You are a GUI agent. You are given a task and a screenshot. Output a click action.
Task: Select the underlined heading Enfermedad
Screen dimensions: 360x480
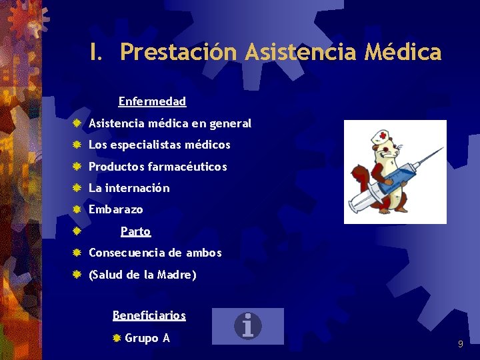pyautogui.click(x=152, y=101)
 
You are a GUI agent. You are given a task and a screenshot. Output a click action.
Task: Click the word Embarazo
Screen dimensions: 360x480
pyautogui.click(x=115, y=209)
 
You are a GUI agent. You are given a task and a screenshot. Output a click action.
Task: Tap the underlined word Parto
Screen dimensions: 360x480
pyautogui.click(x=135, y=231)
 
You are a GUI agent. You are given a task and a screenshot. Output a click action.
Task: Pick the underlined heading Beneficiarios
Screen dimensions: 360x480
pyautogui.click(x=149, y=315)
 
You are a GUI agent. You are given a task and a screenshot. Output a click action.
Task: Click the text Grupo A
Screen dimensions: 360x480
pyautogui.click(x=147, y=338)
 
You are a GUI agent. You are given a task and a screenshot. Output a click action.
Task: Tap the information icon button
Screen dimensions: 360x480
pyautogui.click(x=248, y=326)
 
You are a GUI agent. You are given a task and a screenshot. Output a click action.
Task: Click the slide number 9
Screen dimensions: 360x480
pyautogui.click(x=460, y=344)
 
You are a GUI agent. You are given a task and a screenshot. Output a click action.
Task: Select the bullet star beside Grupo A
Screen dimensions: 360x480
pyautogui.click(x=116, y=339)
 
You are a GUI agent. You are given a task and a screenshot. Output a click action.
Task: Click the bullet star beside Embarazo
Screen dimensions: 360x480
pyautogui.click(x=77, y=209)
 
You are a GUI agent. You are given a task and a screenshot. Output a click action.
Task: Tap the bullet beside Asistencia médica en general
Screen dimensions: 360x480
pyautogui.click(x=77, y=123)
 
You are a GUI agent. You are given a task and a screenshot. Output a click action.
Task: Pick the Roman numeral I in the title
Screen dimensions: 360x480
pyautogui.click(x=95, y=52)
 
